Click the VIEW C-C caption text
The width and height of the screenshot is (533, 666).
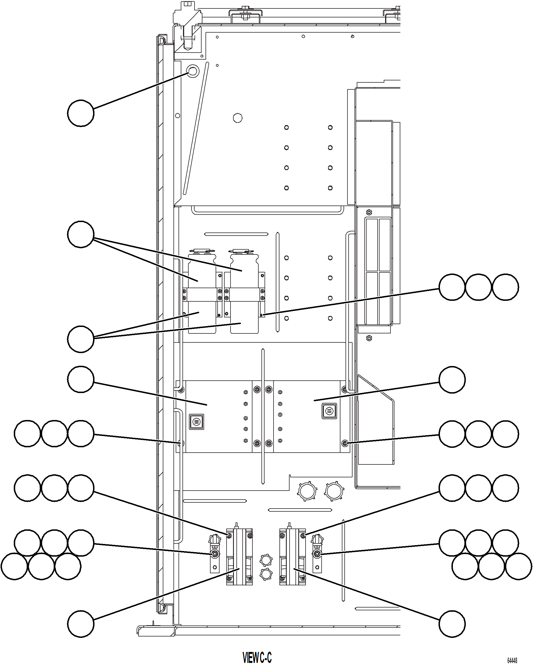point(257,657)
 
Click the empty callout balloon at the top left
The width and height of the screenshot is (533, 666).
point(81,113)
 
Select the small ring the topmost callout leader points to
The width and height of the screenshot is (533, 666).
point(193,71)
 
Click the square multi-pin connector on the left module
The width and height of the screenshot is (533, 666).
point(197,422)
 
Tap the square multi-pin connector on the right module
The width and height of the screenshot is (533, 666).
point(329,411)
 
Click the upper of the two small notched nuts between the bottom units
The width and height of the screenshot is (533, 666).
point(266,560)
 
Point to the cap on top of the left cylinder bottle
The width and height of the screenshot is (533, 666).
point(202,251)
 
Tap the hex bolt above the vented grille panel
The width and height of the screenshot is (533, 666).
point(369,213)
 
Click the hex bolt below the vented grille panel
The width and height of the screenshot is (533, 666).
point(369,338)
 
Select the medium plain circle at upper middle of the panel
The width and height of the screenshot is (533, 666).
point(238,118)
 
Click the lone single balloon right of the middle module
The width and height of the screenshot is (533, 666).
point(452,380)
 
